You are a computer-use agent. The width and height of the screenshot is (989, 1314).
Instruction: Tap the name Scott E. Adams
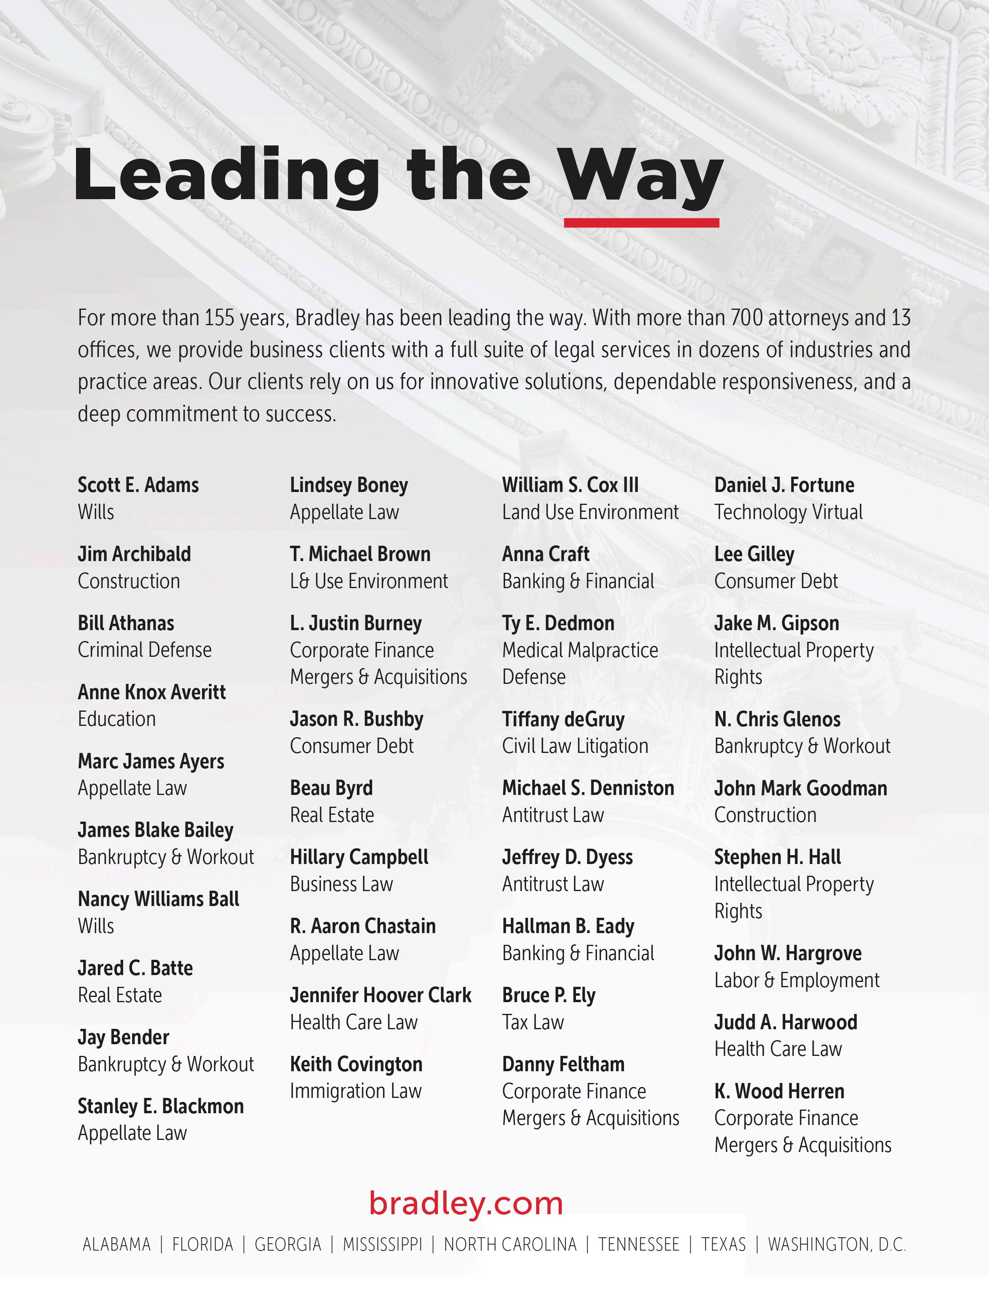pos(138,485)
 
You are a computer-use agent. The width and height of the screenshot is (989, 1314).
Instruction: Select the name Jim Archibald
pos(134,554)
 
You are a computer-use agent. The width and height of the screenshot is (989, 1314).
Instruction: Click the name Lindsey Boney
pos(349,485)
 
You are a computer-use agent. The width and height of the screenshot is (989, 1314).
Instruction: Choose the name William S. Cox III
pos(570,485)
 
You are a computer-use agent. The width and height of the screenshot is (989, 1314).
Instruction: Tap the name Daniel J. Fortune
pos(784,485)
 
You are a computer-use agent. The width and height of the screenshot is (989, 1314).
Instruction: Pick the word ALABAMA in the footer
pos(116,1245)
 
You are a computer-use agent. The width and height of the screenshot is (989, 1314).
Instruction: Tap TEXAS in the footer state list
pos(723,1245)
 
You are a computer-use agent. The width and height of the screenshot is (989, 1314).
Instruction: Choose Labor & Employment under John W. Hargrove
pos(797,980)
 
